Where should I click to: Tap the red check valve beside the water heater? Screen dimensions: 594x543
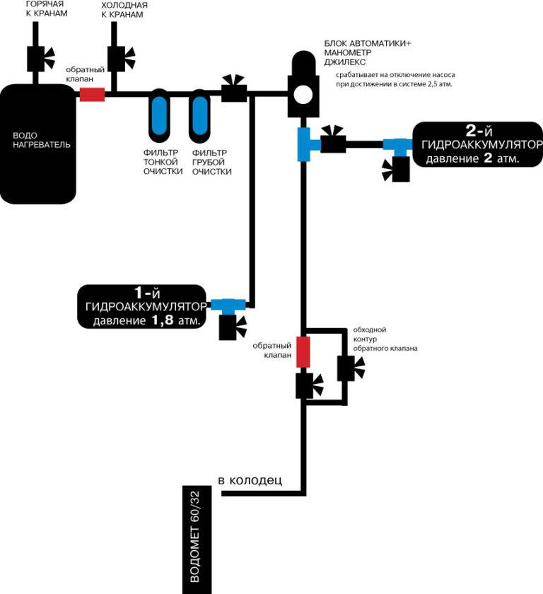[92, 94]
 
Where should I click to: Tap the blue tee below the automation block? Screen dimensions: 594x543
[304, 144]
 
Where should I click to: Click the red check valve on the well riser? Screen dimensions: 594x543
[303, 351]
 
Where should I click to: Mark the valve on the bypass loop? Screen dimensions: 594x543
[348, 368]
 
